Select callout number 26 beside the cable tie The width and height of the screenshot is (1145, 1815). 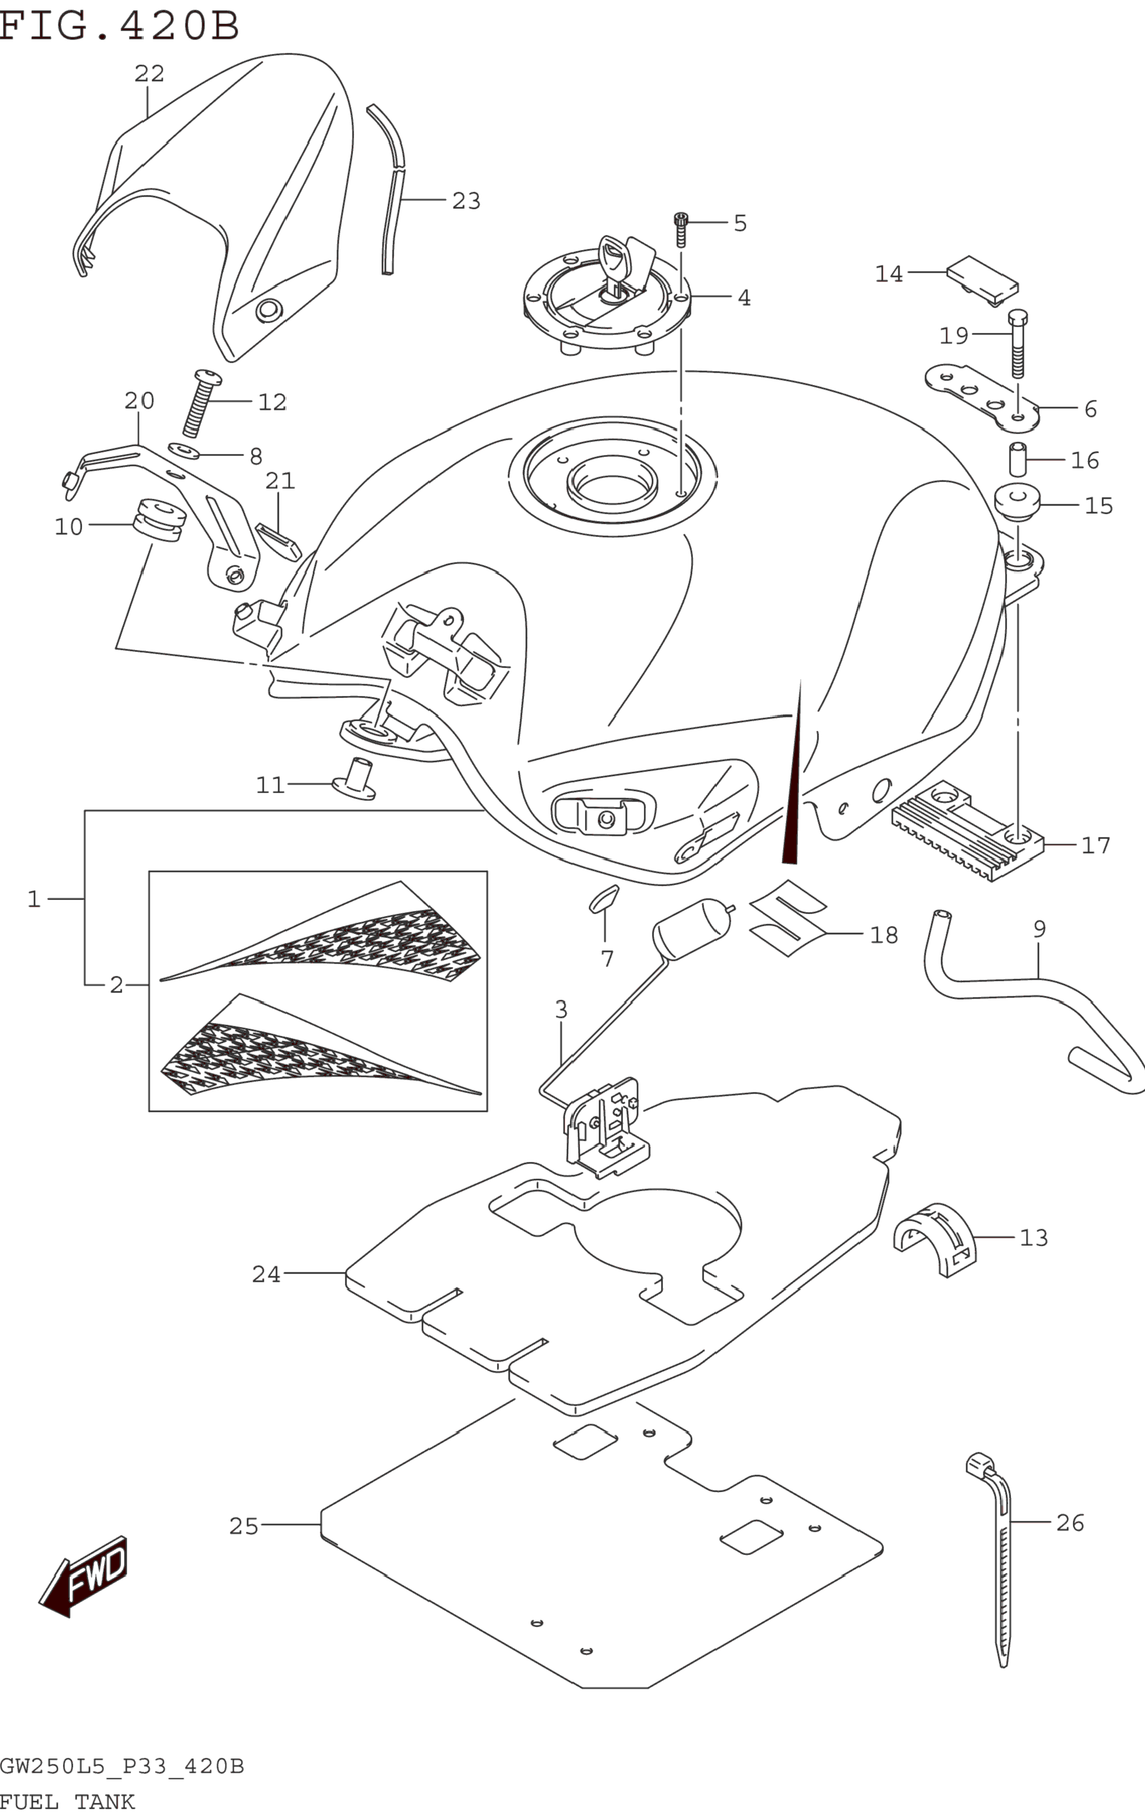[1069, 1522]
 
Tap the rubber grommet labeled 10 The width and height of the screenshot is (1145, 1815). [158, 520]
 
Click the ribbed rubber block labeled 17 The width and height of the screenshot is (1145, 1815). [967, 832]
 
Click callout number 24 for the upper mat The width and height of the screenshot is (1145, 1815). [265, 1274]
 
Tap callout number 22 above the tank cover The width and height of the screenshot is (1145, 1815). [149, 73]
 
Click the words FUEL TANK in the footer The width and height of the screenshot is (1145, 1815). [67, 1802]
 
